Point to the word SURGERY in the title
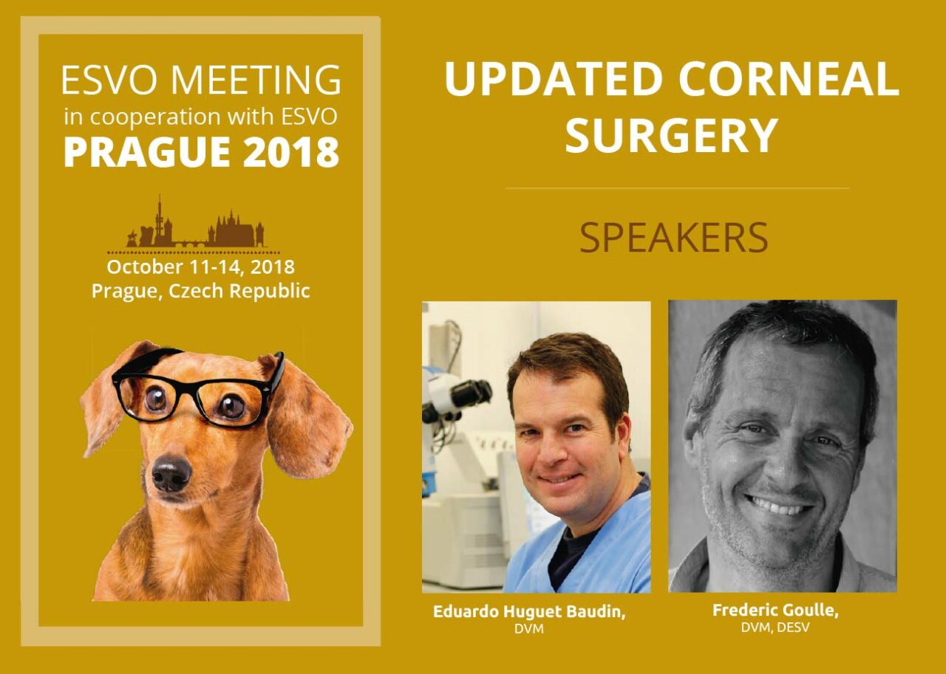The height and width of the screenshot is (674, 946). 672,136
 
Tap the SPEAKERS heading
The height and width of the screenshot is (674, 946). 673,237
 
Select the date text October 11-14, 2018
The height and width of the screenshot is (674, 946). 200,266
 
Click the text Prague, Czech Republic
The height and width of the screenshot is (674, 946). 200,291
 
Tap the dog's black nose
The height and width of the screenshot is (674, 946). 171,473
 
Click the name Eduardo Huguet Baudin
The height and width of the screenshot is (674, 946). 529,613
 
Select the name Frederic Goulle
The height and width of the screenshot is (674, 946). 775,611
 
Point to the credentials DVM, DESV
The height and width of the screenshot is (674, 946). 775,627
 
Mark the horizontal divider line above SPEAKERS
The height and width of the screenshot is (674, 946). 677,188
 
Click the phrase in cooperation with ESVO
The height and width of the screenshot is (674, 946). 200,117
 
